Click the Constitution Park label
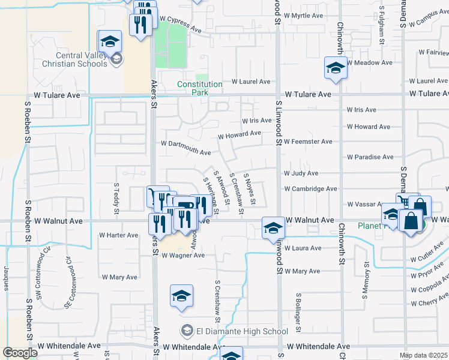click(x=199, y=88)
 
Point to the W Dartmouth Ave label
click(x=186, y=144)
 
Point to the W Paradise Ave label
click(x=370, y=157)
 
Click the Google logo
click(x=20, y=353)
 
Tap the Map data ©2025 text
click(x=423, y=355)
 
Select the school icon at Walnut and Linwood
click(x=273, y=228)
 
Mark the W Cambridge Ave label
click(x=310, y=188)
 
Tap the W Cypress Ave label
click(x=180, y=23)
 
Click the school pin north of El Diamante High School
click(x=181, y=296)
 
